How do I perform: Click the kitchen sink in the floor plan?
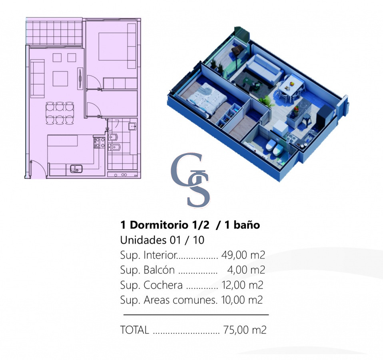(x=76, y=169)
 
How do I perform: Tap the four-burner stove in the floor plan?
(x=99, y=143)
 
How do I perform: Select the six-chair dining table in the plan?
(x=60, y=113)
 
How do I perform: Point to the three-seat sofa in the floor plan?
(x=37, y=78)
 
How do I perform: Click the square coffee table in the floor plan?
(x=60, y=79)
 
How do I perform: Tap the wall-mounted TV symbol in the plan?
(x=80, y=78)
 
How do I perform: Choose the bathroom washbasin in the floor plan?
(x=133, y=126)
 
